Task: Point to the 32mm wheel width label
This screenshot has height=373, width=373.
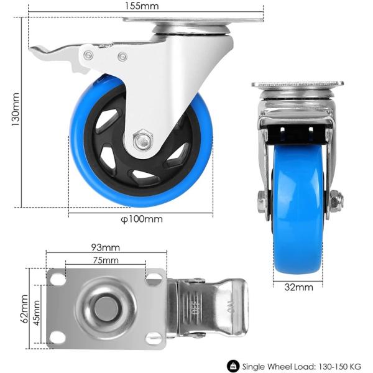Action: pos(298,287)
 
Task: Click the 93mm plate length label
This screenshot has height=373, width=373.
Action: pos(105,247)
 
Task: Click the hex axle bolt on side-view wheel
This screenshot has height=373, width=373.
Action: pos(142,141)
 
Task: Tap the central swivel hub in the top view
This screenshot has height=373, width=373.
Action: pos(105,308)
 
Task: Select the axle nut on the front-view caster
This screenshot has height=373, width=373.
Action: pos(336,201)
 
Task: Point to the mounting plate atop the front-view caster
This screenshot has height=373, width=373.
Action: pos(298,85)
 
